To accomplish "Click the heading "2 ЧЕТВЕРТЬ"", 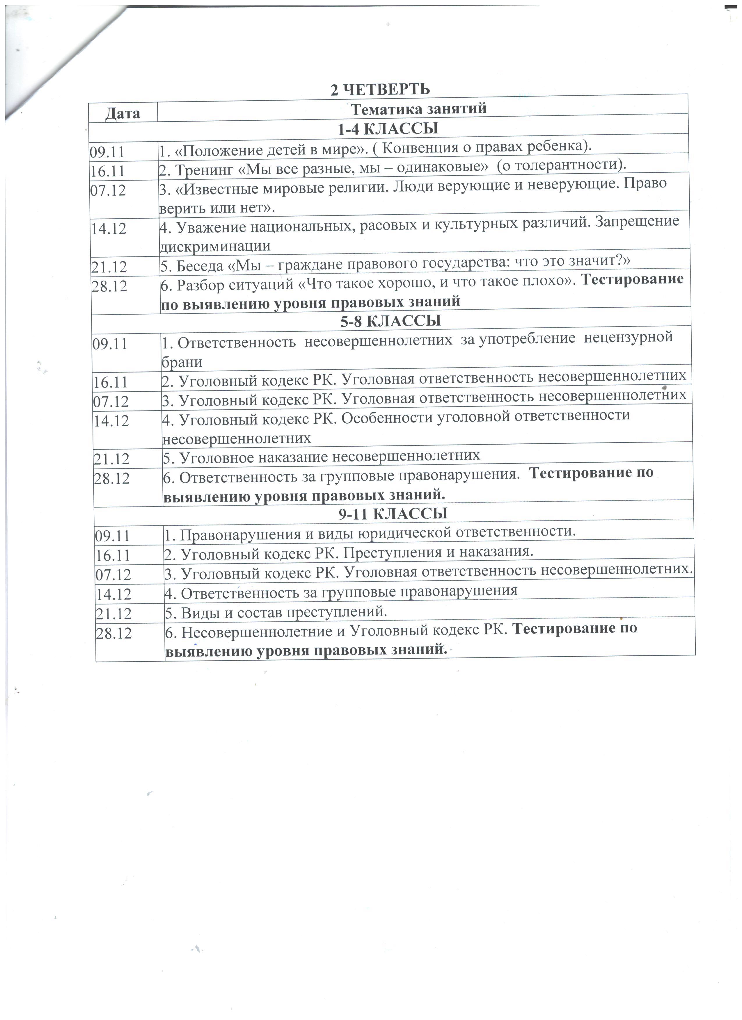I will click(380, 90).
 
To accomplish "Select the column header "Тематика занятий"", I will click(418, 109).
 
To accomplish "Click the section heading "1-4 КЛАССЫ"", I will click(388, 129).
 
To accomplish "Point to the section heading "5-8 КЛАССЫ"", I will click(390, 321).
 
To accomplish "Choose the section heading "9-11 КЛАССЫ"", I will click(393, 513).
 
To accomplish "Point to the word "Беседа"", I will click(200, 266).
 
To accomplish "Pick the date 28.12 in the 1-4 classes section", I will click(109, 286).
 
